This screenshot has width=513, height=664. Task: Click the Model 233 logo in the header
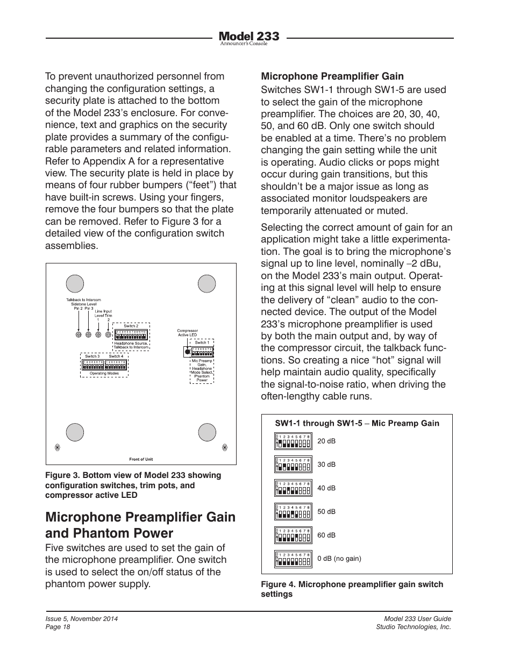(x=249, y=37)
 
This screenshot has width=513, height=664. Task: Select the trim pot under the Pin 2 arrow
(x=79, y=334)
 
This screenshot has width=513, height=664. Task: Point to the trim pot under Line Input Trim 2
(x=108, y=334)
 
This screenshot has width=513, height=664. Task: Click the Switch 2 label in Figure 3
(x=131, y=326)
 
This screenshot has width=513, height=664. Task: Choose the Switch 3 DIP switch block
(x=92, y=365)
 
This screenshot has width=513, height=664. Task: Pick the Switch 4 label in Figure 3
(x=116, y=356)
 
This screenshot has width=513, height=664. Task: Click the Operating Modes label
(x=104, y=373)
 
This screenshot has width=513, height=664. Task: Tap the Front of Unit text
(x=141, y=459)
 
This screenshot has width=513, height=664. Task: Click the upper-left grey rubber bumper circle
(x=75, y=283)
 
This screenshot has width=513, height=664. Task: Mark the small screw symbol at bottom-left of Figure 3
(x=58, y=447)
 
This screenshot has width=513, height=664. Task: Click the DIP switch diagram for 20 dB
(x=293, y=441)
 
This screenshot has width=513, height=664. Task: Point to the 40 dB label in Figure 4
(x=326, y=488)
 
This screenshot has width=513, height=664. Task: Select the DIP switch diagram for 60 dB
(x=293, y=536)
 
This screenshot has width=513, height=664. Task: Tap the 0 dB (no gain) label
(x=339, y=559)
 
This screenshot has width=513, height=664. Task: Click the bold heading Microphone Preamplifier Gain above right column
(x=332, y=76)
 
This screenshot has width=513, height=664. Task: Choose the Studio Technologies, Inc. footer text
(x=413, y=627)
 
